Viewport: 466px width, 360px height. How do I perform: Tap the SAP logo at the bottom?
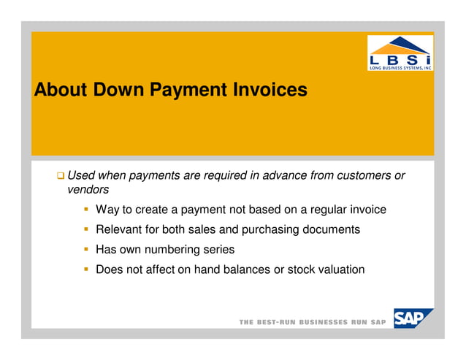coord(412,319)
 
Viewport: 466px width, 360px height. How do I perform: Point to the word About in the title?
coord(60,91)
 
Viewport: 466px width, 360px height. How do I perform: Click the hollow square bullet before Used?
coord(61,176)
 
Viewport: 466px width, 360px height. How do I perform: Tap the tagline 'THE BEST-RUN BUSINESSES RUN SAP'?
coord(313,323)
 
